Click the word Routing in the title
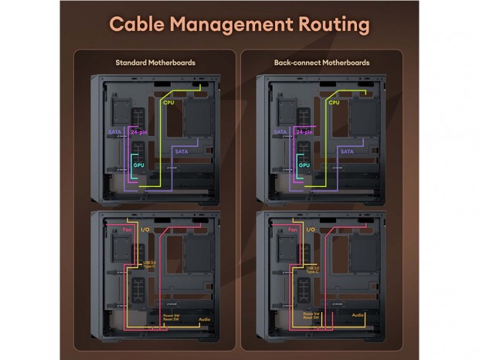point(324,24)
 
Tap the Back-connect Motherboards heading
point(321,62)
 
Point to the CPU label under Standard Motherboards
point(168,102)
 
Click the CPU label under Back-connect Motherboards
point(334,102)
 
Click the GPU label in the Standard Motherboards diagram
point(139,165)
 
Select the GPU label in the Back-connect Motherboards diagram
point(304,165)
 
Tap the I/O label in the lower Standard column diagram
point(144,229)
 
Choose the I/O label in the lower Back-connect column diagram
point(311,229)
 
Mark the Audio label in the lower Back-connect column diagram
point(358,315)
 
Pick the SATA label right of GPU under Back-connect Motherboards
point(346,151)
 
